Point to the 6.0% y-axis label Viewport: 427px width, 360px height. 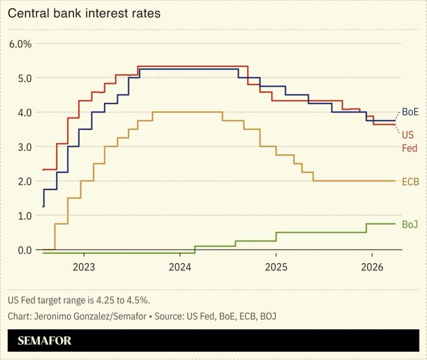tap(20, 44)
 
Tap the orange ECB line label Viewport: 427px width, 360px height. tap(410, 181)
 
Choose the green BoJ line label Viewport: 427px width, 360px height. tap(410, 224)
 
